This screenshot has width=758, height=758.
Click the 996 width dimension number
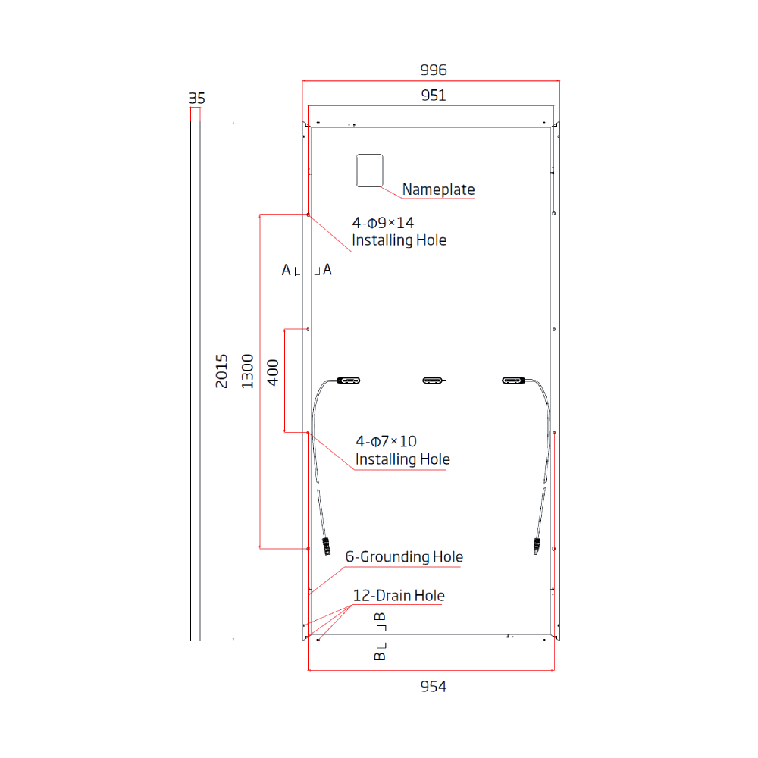434,70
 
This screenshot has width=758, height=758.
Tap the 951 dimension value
434,96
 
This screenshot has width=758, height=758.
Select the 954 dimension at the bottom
434,686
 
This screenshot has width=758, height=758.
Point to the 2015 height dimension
221,371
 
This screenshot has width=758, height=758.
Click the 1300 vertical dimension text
247,371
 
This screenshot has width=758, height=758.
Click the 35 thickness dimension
196,99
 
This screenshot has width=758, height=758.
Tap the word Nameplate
438,189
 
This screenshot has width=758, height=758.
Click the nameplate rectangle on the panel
370,170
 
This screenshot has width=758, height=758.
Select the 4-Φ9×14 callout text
383,223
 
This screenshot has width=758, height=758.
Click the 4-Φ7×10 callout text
386,441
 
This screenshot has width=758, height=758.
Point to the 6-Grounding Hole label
404,557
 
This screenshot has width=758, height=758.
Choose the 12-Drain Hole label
399,596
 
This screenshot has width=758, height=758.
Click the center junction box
434,380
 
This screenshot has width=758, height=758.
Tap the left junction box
349,380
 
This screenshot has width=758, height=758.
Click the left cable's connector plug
327,546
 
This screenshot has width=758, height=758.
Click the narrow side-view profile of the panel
196,379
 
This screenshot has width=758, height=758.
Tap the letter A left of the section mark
286,270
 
